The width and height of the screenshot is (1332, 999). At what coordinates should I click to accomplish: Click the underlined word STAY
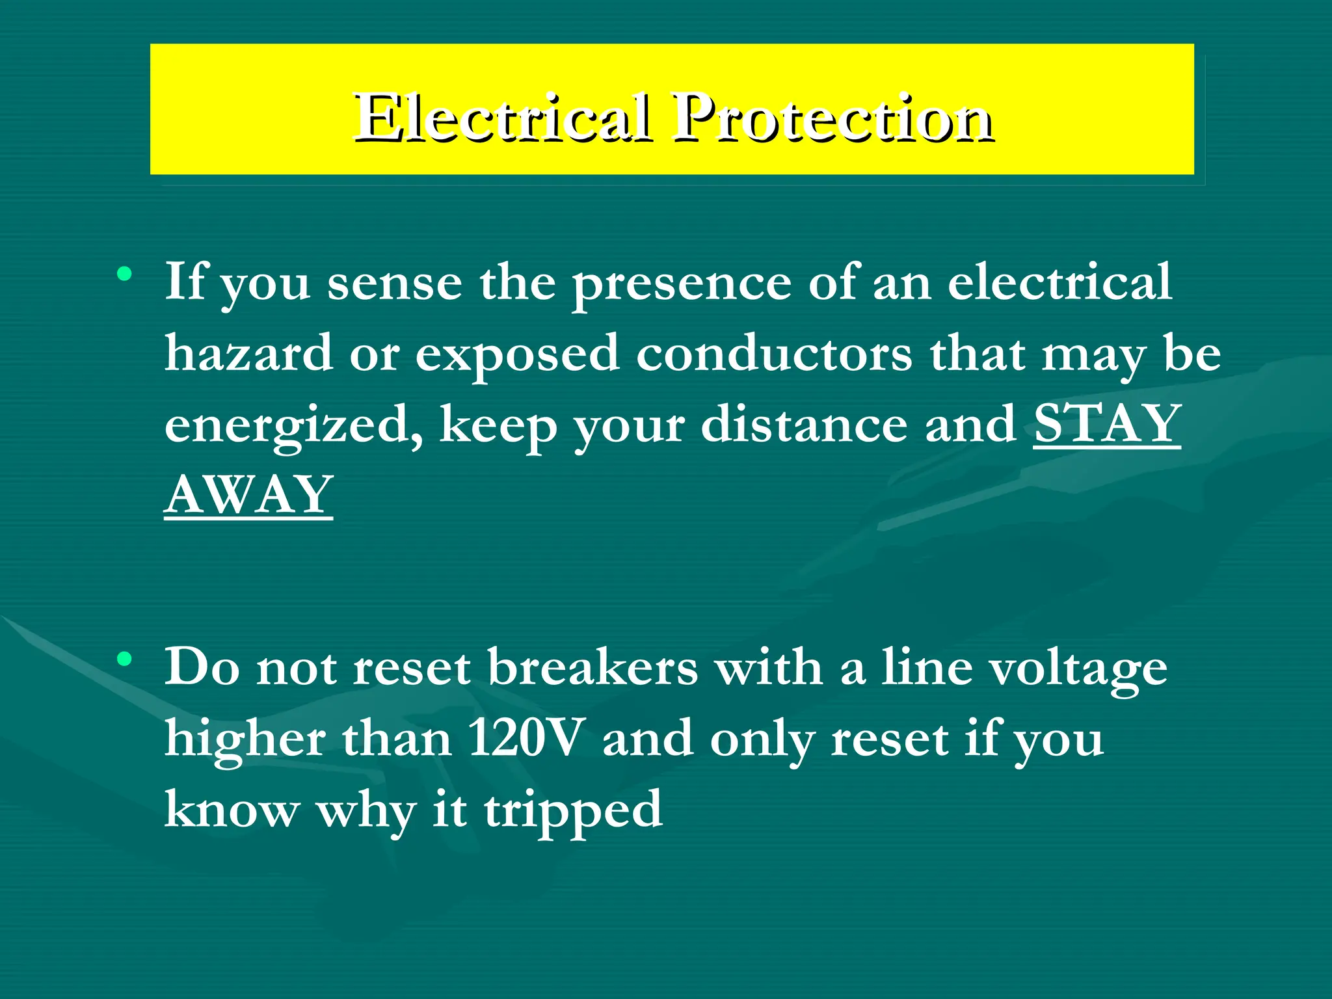coord(1107,424)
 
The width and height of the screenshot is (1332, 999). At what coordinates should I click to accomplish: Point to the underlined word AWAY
coord(248,494)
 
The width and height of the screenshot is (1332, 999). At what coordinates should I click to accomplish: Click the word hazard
coord(248,353)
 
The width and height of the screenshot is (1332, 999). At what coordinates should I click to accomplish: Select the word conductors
coord(774,353)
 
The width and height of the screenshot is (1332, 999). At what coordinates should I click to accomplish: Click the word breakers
coord(592,668)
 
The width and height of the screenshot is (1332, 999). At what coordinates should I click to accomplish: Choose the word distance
coord(804,424)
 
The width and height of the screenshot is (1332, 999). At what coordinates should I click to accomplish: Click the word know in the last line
coord(232,810)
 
